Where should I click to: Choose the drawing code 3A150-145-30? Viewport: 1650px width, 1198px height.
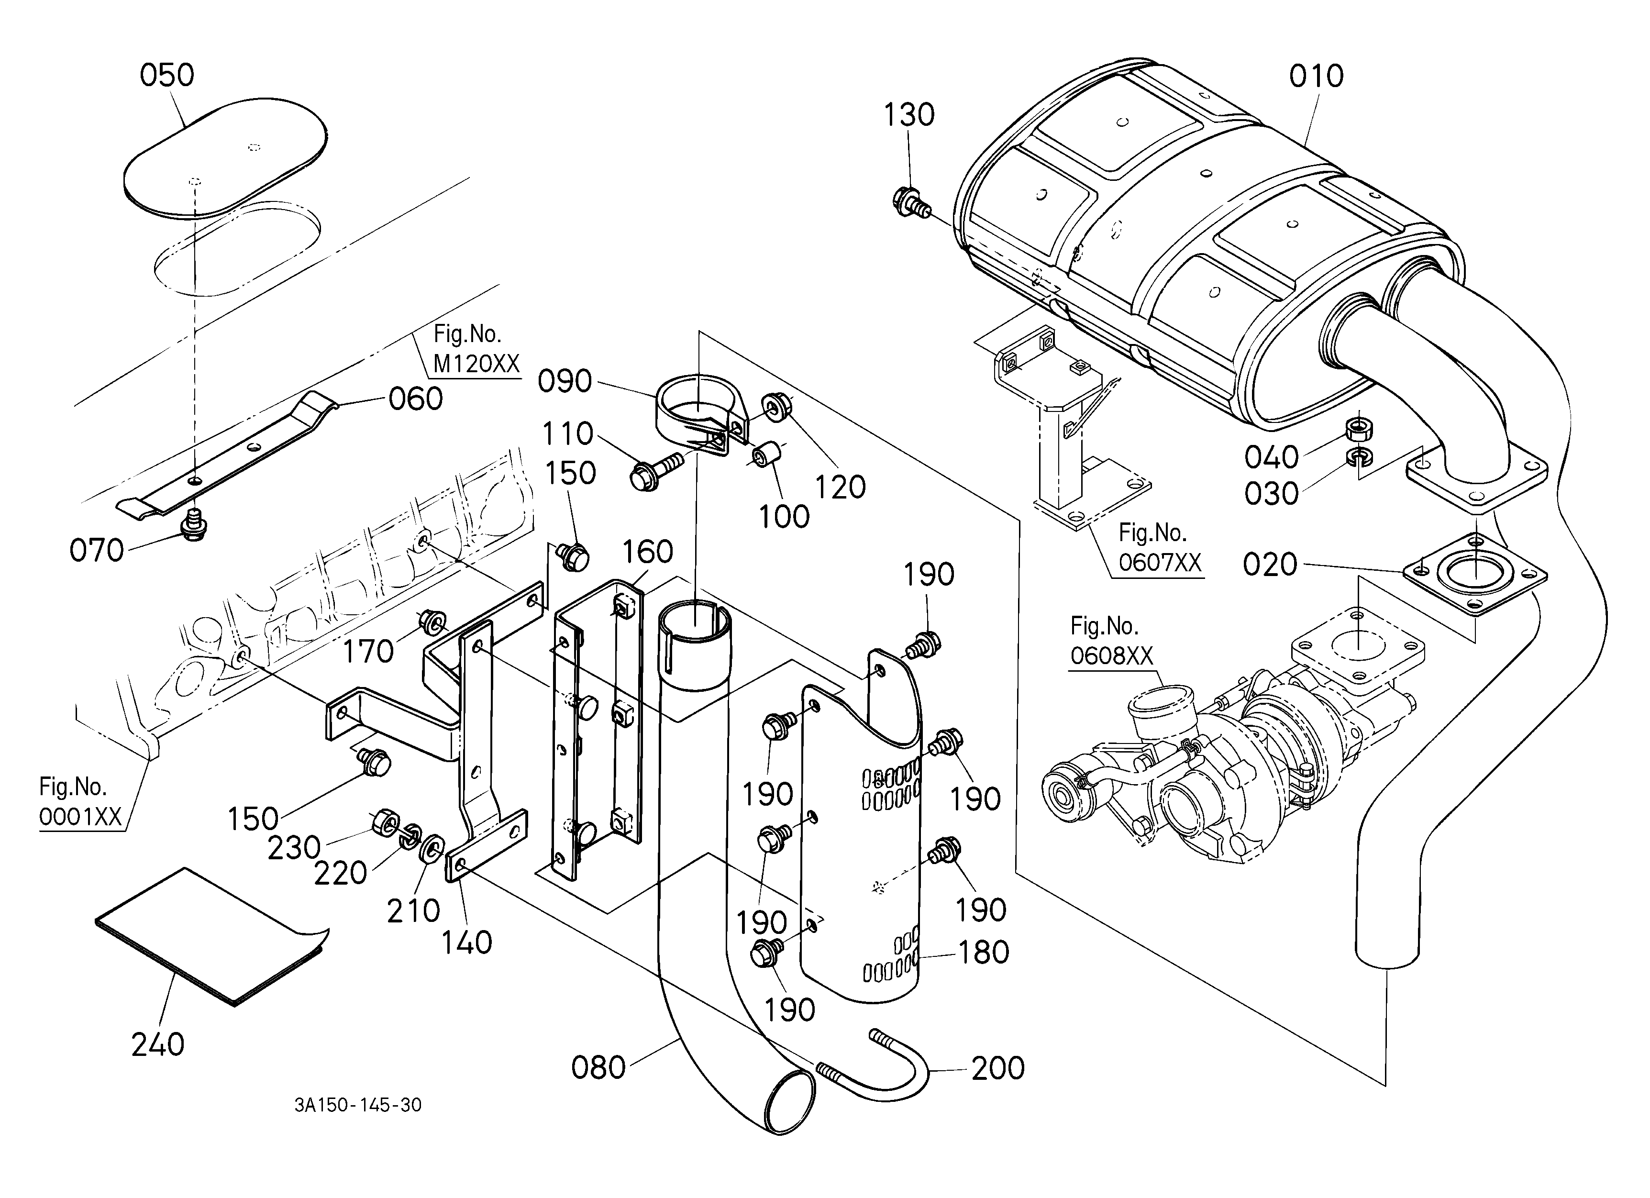(358, 1105)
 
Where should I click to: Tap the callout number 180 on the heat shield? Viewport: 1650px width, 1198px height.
(984, 952)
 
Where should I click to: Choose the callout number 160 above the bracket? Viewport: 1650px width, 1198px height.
(647, 552)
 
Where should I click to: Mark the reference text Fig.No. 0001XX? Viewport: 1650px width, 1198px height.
(80, 801)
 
